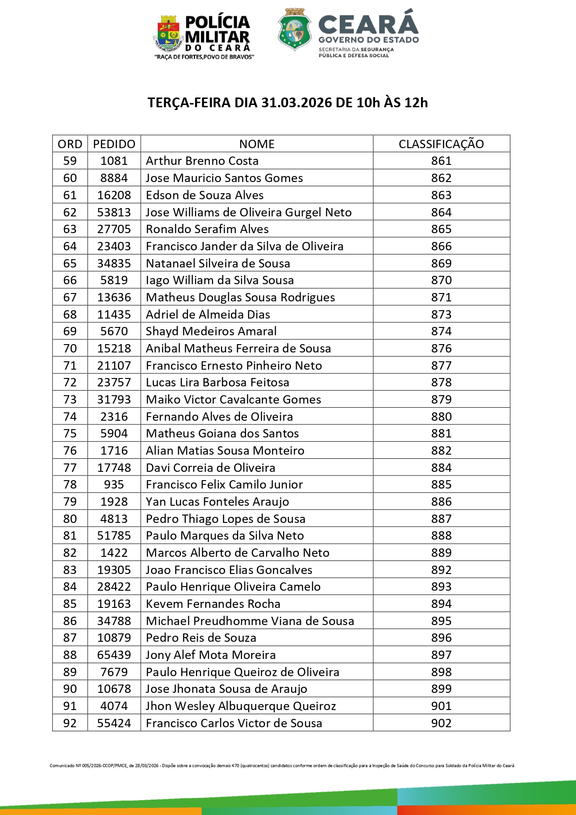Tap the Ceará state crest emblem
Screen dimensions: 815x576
294,29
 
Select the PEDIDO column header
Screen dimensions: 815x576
114,144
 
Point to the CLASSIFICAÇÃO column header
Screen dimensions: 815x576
441,144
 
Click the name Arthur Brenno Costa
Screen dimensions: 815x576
202,161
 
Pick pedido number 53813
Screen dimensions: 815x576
114,212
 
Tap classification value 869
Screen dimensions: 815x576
441,263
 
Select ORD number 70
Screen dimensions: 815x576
70,348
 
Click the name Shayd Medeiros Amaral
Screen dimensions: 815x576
211,331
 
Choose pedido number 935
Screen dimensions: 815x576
114,484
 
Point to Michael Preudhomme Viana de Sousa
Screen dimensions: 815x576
250,621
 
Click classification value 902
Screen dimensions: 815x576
441,723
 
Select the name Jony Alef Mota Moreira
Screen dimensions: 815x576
211,655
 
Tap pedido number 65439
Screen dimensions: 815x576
114,655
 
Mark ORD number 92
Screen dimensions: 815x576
70,723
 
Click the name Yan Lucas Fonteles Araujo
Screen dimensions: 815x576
217,502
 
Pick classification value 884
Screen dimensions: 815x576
441,468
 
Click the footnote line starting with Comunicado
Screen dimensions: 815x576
282,766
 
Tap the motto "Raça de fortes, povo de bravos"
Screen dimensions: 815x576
204,57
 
